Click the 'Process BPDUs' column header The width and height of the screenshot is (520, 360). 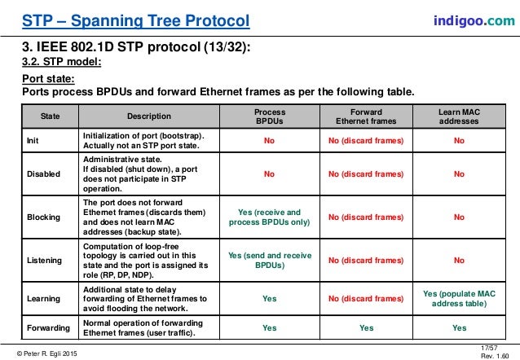(269, 116)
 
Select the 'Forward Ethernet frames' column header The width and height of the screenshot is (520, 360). (366, 116)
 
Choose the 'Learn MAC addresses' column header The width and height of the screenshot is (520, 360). (459, 116)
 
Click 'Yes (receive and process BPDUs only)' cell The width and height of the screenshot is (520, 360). (269, 217)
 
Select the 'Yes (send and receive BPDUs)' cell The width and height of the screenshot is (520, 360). (269, 261)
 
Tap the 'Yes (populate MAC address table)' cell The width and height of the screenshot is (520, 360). (459, 298)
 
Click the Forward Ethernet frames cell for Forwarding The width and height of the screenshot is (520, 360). (366, 327)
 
